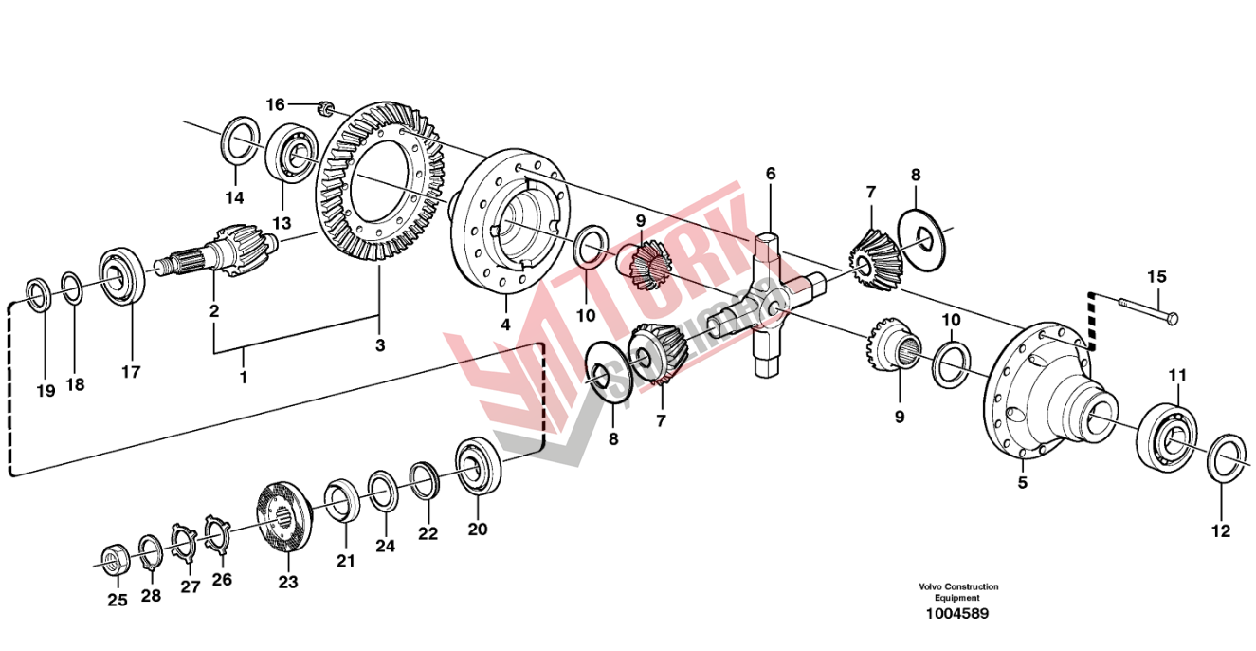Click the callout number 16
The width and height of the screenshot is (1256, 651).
click(x=274, y=103)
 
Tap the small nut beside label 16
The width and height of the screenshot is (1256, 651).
click(x=324, y=110)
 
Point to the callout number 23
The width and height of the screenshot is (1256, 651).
click(x=287, y=581)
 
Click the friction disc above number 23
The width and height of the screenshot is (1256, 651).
click(x=285, y=518)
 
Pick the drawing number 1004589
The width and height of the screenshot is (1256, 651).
click(x=958, y=614)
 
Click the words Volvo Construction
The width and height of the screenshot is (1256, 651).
click(x=957, y=586)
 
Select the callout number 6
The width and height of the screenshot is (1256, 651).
click(x=771, y=174)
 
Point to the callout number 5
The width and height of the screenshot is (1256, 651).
click(x=1023, y=482)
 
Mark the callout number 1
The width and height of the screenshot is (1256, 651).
click(x=244, y=377)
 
